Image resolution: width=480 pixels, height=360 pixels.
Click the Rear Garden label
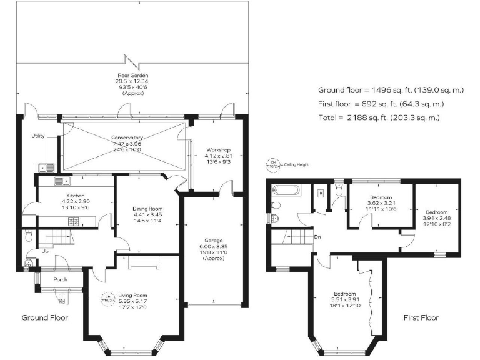tap(127, 75)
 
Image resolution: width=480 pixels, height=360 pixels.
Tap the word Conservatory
tap(127, 137)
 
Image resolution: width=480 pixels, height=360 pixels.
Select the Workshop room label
tap(218, 150)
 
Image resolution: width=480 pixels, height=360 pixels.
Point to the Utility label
tap(38, 136)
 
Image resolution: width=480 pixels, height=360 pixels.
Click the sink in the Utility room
tap(46, 167)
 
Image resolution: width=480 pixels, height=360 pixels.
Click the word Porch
tap(60, 279)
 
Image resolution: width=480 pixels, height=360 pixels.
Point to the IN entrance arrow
tap(62, 302)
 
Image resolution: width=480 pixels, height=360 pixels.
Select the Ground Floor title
tap(45, 317)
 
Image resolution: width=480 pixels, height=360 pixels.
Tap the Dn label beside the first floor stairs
tap(317, 237)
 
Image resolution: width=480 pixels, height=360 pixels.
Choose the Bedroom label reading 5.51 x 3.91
tap(344, 294)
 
